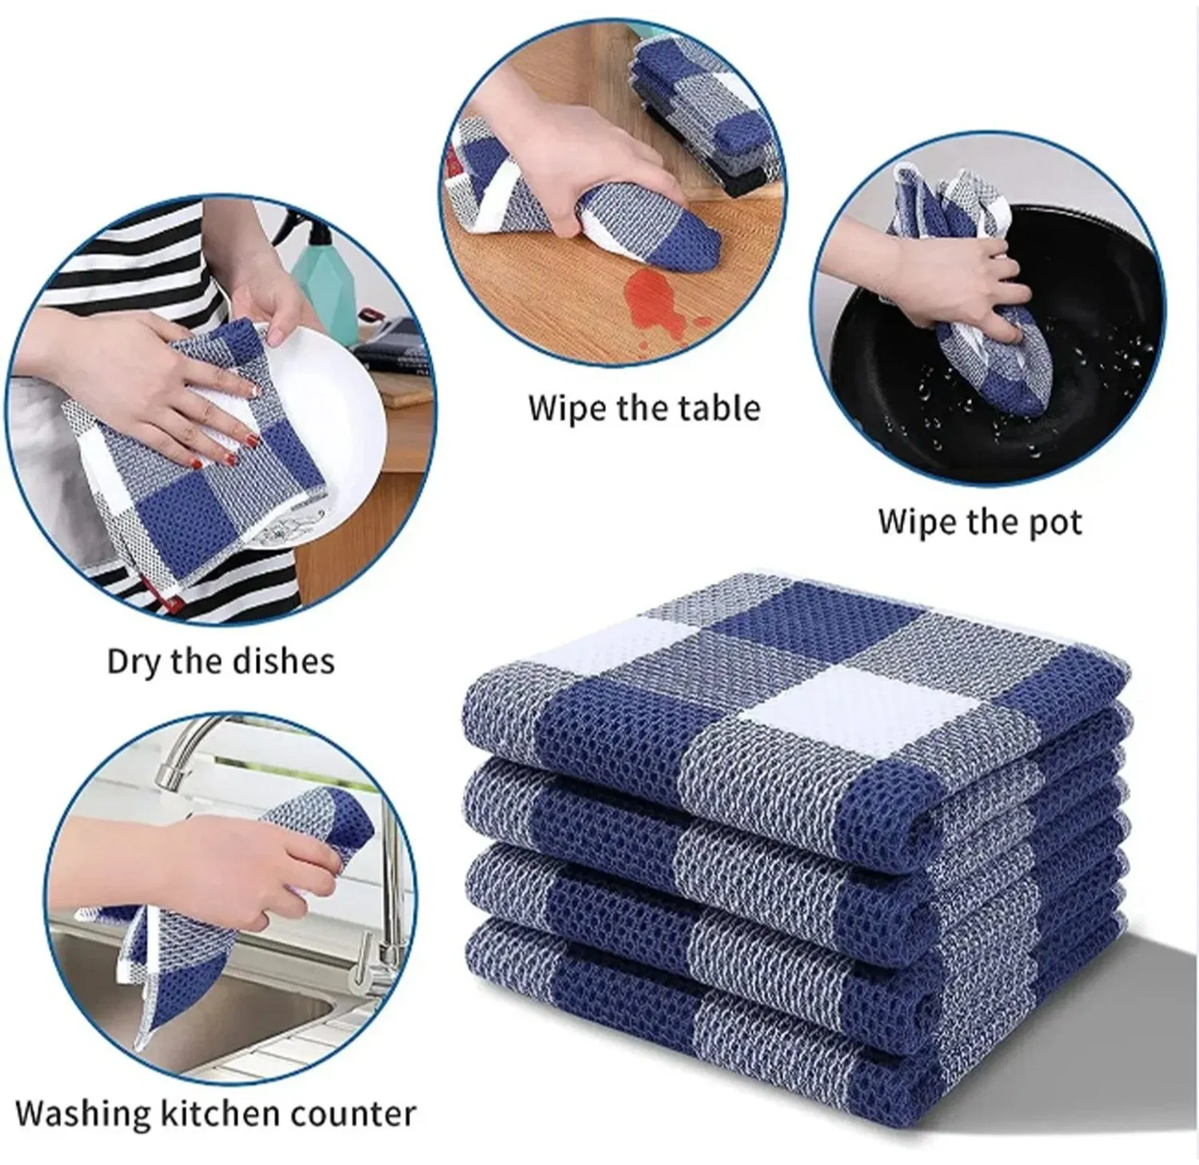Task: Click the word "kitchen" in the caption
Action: [210, 1112]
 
